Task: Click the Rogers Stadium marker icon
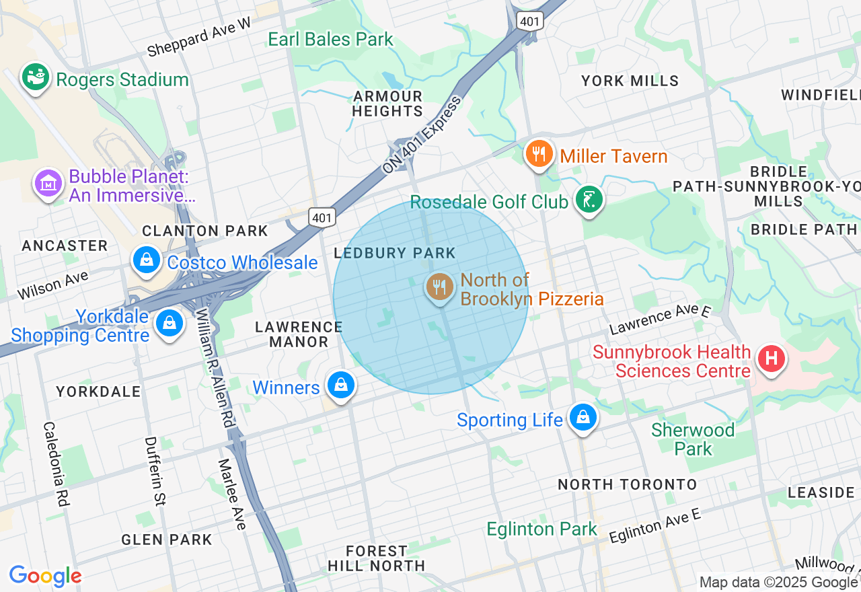click(36, 78)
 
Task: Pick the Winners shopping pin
click(341, 385)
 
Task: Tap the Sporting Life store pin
click(583, 418)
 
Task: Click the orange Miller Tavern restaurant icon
click(539, 154)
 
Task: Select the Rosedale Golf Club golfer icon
click(589, 200)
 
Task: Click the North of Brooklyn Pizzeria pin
click(439, 287)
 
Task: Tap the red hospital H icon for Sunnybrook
click(771, 358)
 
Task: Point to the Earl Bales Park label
click(330, 39)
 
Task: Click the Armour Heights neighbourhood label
click(387, 104)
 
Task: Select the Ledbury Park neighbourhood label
click(395, 253)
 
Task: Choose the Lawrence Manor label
click(299, 334)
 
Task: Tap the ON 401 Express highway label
click(422, 135)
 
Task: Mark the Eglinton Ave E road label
click(654, 527)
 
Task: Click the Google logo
click(45, 576)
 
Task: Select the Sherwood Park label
click(693, 439)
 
